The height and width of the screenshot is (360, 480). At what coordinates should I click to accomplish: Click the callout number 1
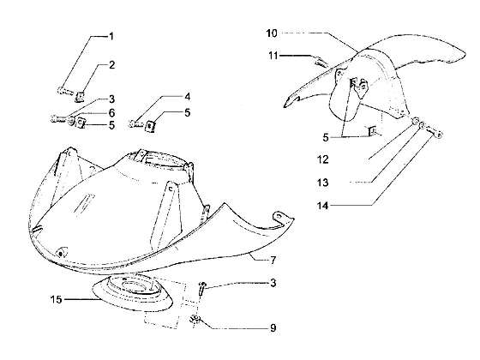tap(111, 36)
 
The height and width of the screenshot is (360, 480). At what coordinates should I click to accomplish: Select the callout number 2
tap(112, 65)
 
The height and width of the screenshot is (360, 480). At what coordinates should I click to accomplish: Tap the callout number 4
tap(188, 97)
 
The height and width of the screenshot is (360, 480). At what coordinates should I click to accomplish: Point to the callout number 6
tap(112, 113)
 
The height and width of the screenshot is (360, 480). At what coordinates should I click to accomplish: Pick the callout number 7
tap(273, 260)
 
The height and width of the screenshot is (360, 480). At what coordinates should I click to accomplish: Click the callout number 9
tap(273, 327)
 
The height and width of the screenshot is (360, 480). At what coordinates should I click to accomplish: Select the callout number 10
tap(272, 33)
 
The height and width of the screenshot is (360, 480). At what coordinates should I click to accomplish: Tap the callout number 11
tap(273, 56)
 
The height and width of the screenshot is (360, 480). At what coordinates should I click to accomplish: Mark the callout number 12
tap(322, 159)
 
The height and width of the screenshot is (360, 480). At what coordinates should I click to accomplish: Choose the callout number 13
tap(322, 183)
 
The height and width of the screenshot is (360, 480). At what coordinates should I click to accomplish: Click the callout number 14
tap(322, 206)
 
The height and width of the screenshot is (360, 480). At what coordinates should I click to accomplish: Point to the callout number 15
tap(56, 299)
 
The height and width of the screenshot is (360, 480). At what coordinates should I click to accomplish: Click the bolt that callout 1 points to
tap(65, 91)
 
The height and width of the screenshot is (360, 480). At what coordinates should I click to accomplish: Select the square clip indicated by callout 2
tap(80, 97)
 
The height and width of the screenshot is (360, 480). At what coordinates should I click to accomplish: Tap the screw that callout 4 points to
tap(135, 123)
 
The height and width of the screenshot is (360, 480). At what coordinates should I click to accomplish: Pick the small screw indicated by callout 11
tap(321, 62)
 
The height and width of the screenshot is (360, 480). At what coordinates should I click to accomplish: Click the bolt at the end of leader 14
tap(436, 133)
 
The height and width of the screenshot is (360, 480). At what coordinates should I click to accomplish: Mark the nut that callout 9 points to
tap(195, 321)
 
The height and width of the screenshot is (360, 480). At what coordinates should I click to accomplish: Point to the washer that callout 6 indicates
tap(71, 122)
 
